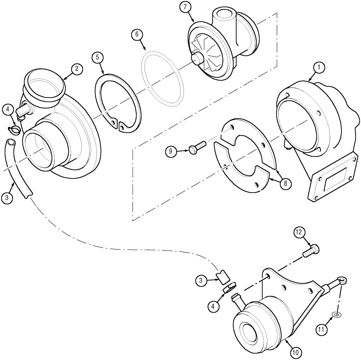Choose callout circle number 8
285,183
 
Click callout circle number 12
300,232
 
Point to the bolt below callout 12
313,250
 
